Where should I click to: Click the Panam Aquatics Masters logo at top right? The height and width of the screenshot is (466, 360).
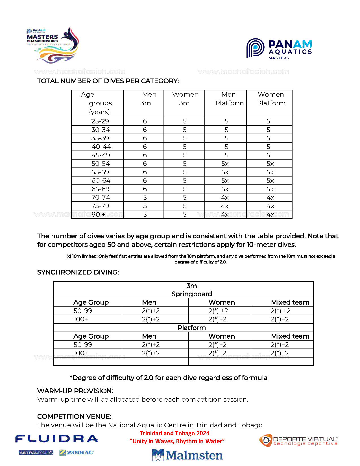coord(279,49)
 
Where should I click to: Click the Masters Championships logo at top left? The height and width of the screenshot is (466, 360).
coord(53,45)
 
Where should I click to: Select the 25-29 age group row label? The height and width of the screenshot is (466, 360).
coord(100,121)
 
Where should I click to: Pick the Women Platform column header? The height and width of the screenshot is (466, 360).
coord(271,99)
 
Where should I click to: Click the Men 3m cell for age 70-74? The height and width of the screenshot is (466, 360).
coord(145,197)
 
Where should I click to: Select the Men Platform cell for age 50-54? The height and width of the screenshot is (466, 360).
coord(225,164)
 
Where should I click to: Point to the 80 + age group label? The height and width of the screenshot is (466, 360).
coord(99,214)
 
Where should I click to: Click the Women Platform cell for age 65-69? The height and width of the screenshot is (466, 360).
coord(270,189)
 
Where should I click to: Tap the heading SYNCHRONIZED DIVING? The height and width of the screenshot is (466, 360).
coord(78,272)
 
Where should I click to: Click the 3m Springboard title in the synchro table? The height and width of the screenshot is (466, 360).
coord(191,290)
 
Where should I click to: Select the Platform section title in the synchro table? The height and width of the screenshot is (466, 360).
coord(191,328)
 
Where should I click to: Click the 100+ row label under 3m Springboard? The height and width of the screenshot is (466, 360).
coord(81,319)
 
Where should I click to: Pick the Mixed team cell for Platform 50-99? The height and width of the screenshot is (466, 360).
coord(280,345)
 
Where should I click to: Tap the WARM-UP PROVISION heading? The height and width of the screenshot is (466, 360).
coord(75,391)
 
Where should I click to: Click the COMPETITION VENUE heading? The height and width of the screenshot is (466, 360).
coord(74,417)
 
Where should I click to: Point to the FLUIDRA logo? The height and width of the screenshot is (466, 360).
coord(56,439)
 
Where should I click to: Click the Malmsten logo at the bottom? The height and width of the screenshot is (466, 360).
coord(187,455)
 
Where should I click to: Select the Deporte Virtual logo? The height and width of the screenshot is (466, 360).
coord(298,441)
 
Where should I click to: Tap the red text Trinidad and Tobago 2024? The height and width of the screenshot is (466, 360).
coord(174,433)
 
